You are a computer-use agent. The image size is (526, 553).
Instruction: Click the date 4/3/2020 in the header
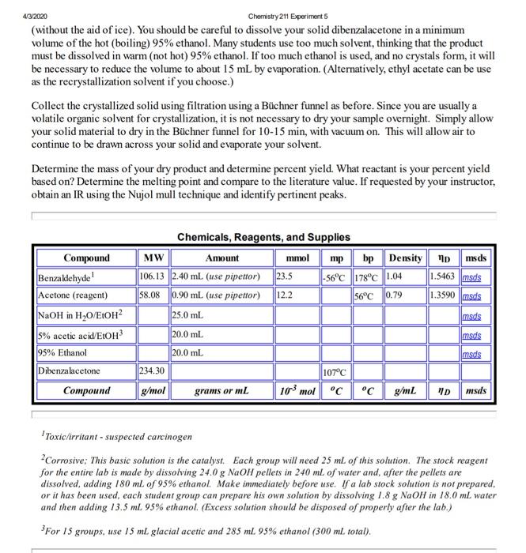(x=14, y=6)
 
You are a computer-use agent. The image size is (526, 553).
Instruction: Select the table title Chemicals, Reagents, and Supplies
(x=263, y=237)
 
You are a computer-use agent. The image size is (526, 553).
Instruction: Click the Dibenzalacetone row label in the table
(x=70, y=370)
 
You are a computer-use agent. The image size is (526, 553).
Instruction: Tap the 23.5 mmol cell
(x=283, y=276)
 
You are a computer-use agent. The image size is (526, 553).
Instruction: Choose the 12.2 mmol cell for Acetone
(x=283, y=295)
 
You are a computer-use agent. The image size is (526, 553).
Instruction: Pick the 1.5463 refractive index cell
(x=442, y=276)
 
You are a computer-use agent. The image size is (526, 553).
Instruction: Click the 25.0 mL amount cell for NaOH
(x=186, y=314)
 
